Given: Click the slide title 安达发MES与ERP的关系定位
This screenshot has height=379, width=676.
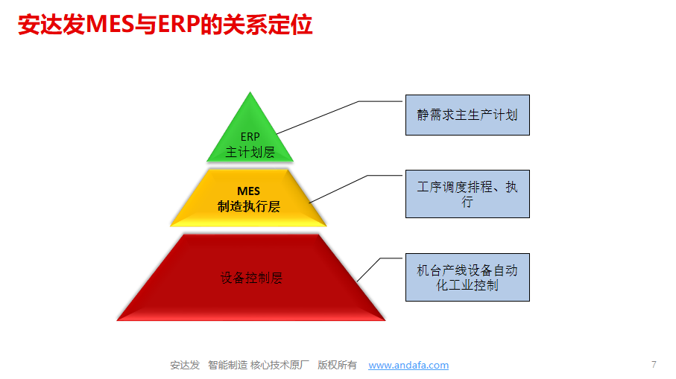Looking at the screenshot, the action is pos(165,24).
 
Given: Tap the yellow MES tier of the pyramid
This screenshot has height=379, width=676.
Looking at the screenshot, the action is pos(248,198).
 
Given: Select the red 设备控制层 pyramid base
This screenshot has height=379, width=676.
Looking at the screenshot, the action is pos(251,278).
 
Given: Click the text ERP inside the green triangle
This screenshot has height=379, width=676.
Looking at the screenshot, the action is pos(250,137).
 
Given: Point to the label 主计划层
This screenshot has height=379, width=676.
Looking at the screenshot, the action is pos(250,152).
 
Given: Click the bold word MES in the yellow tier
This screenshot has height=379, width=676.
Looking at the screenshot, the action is pos(248,191).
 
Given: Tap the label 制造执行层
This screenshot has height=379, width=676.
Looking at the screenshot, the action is pos(249,206).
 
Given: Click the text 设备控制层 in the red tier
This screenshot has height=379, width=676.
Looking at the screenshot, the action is pos(251,278).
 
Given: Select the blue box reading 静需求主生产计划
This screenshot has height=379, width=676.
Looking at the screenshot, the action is pos(467,115).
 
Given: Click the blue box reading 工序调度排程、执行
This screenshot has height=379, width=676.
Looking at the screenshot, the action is pos(467,194).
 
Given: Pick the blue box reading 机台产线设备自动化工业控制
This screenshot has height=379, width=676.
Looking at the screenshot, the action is pos(467,277).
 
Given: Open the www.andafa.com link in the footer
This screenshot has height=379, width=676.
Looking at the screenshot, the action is pos(408,365).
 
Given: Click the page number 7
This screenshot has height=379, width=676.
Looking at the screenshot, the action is pos(654,365).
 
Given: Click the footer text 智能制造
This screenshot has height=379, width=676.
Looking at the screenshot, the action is pos(227,365).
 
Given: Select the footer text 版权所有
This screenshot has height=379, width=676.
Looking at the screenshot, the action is pos(337,365).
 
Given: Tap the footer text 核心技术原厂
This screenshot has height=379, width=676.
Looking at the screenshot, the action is pos(279,365).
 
